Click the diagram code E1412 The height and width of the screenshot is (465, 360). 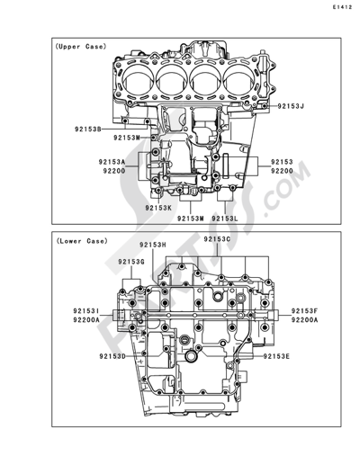[x=342, y=7]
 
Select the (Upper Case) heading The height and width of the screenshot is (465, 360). [x=81, y=47]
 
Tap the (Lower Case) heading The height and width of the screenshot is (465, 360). [x=82, y=241]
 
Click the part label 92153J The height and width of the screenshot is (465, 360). [x=291, y=106]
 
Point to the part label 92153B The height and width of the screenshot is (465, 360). [x=87, y=130]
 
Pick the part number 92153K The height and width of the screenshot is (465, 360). [x=158, y=208]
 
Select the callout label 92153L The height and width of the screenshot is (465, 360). [x=225, y=219]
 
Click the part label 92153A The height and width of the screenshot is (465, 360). [x=112, y=162]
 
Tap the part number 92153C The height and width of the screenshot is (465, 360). [x=217, y=239]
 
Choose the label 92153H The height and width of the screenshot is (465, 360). [x=153, y=245]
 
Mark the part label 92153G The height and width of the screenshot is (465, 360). [x=131, y=262]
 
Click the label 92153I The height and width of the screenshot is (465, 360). [x=86, y=311]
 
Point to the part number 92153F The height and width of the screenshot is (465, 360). [x=304, y=311]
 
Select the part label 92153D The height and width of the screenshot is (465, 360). [x=112, y=356]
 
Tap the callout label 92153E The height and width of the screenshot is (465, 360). [x=276, y=356]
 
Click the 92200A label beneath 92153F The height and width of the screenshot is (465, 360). [x=304, y=320]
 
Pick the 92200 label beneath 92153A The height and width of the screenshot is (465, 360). [x=114, y=171]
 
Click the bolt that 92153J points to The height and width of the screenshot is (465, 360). [x=264, y=106]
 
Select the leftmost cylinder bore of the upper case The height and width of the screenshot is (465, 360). [x=139, y=79]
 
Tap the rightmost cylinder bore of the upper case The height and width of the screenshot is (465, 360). [x=240, y=79]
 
